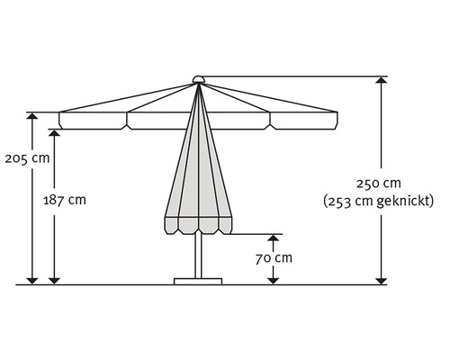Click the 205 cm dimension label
point(27,158)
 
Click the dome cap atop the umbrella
point(197,79)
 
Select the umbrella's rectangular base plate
point(197,281)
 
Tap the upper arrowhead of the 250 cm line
point(382,81)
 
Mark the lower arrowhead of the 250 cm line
point(382,280)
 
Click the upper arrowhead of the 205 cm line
point(33,117)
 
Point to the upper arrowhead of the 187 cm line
point(55,133)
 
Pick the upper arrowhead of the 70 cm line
point(271,238)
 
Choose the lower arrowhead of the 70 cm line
point(271,280)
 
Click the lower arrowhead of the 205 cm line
point(33,280)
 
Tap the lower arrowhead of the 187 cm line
point(55,280)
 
